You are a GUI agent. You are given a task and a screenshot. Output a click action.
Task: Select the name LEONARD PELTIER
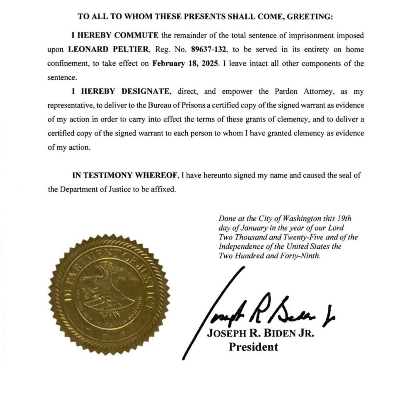[108, 49]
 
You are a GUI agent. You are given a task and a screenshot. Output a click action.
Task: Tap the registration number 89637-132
[209, 49]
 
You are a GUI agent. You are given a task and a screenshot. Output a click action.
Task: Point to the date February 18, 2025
[185, 64]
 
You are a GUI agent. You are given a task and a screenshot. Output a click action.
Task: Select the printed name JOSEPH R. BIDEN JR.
[260, 333]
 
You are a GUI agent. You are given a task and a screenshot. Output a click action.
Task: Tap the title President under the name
[253, 347]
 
